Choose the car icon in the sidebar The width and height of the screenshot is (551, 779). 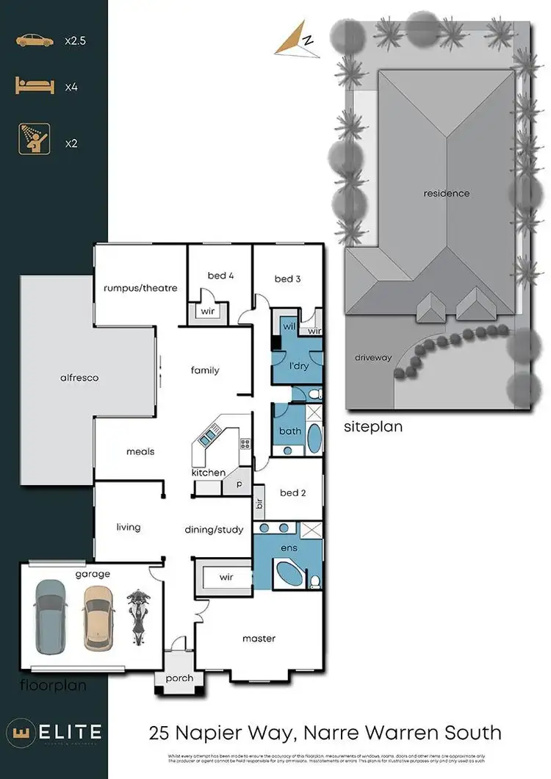[35, 41]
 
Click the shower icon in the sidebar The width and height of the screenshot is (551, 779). [35, 139]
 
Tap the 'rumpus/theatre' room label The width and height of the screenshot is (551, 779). [140, 288]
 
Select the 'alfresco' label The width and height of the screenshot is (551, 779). [79, 378]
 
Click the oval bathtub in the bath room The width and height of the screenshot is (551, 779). [313, 439]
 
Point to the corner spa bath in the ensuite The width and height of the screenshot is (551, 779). [289, 573]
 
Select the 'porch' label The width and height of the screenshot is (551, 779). [180, 678]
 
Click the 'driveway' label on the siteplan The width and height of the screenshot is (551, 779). [373, 358]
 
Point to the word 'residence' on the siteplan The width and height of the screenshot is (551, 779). [446, 193]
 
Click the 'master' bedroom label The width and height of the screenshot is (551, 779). [259, 639]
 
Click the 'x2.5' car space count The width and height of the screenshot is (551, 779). [76, 41]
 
